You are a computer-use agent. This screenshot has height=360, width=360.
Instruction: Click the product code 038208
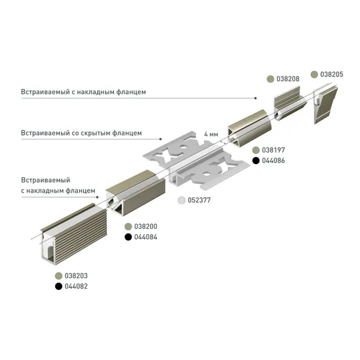(x=288, y=78)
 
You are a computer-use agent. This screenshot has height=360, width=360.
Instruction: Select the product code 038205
(x=331, y=75)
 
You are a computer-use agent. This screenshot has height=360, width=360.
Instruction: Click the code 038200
(x=146, y=226)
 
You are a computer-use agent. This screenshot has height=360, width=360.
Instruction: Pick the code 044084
(x=146, y=237)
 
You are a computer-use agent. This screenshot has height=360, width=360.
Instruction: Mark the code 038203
(x=77, y=276)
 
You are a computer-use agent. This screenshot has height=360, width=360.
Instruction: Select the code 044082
(x=77, y=286)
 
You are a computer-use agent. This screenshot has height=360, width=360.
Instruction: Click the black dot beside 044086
(x=256, y=160)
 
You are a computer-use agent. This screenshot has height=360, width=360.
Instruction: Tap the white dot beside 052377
(x=182, y=200)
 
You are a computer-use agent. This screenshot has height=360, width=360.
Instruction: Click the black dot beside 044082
(x=59, y=286)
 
